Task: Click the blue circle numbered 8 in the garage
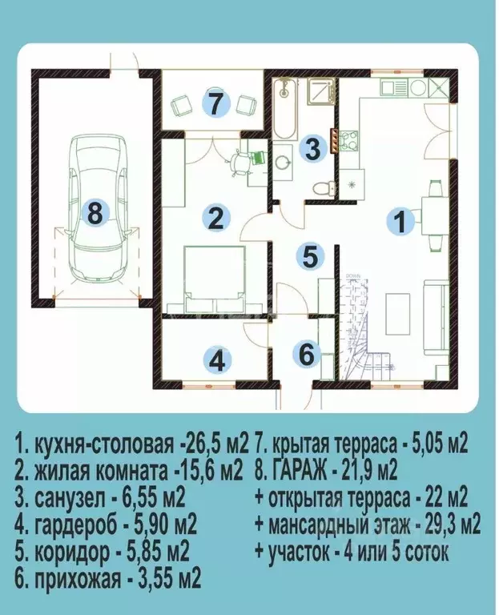[x=95, y=214]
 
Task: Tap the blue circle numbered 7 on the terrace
[x=215, y=102]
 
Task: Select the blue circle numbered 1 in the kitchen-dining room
[x=398, y=220]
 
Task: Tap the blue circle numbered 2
[x=215, y=218]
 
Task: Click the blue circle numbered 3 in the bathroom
[x=313, y=147]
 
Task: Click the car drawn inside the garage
[x=95, y=208]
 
